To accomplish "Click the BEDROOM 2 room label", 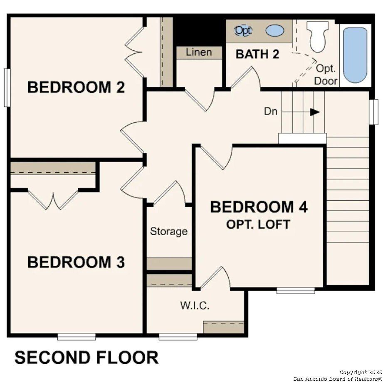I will point(76,87).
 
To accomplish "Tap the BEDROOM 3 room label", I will point(76,262).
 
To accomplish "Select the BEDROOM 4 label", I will point(259,207).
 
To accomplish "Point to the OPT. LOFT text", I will point(258,224).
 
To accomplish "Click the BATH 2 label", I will point(257,54).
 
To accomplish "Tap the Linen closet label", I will point(198,52).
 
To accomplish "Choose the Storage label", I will point(169,231).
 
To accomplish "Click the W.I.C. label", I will point(195,306).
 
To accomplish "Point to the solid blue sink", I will point(275,30).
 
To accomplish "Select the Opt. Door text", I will point(326,74).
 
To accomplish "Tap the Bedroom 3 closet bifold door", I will point(53,199).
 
